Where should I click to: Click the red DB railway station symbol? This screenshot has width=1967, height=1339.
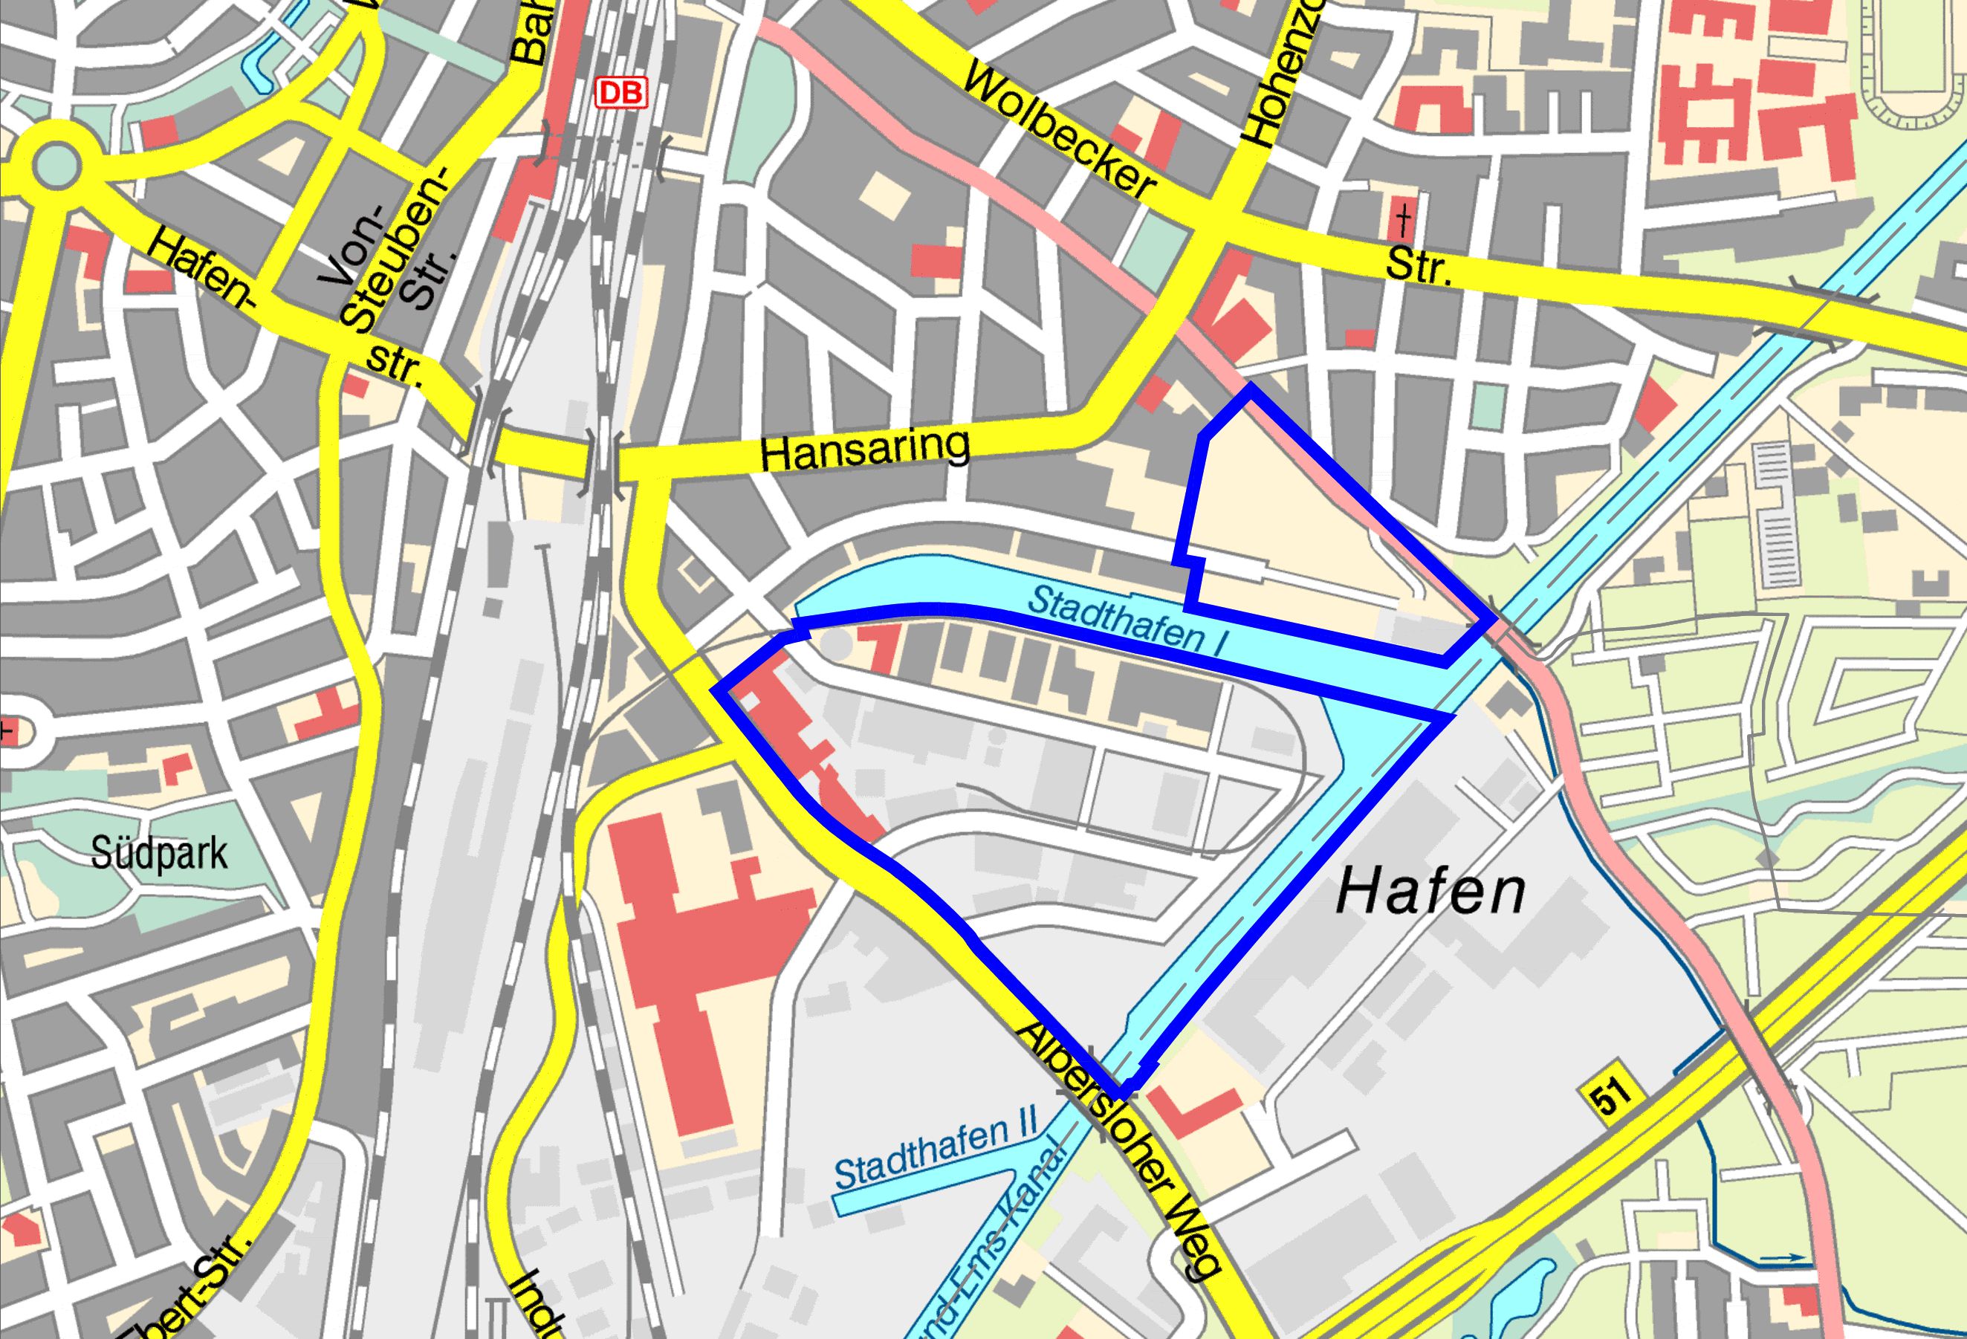click(621, 92)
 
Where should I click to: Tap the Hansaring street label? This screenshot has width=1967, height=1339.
click(864, 450)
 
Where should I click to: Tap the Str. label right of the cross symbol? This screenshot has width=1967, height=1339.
click(1419, 268)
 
